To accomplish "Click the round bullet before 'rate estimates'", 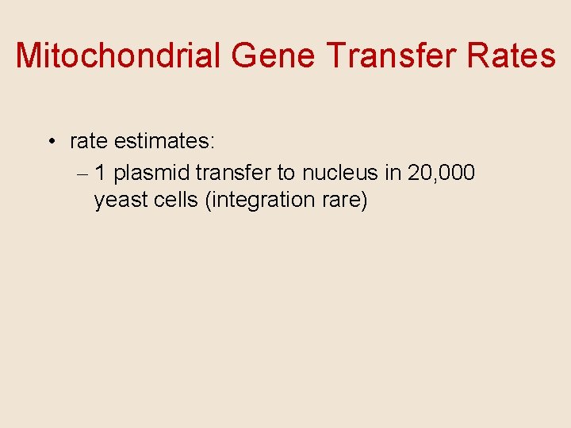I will coord(50,143).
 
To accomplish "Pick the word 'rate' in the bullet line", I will coord(89,142).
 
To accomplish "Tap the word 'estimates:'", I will coord(164,142).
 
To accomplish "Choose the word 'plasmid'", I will coord(151,173).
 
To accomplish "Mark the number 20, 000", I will coord(441,172).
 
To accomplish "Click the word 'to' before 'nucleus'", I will coord(285,172).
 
